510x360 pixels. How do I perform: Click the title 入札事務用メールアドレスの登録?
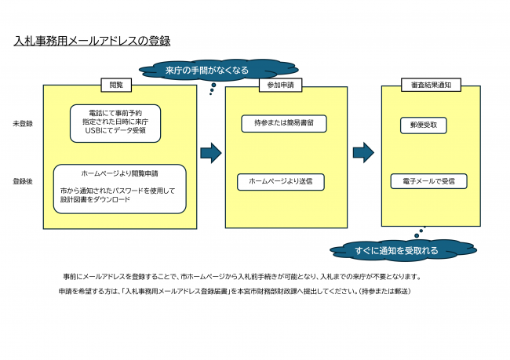92,40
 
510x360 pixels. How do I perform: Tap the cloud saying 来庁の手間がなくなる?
207,70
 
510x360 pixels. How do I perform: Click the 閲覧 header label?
116,85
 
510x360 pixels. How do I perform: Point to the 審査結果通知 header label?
431,85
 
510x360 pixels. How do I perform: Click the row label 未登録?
23,124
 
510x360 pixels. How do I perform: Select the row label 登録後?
23,181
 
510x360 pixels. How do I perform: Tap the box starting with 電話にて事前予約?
115,122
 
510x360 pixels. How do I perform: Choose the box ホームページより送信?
280,181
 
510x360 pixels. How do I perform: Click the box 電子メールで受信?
428,181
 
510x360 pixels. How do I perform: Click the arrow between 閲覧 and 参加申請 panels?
210,152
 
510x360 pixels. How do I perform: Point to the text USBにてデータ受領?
115,131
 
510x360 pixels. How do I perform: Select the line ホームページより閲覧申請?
119,173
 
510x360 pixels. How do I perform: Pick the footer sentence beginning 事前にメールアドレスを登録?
242,277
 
